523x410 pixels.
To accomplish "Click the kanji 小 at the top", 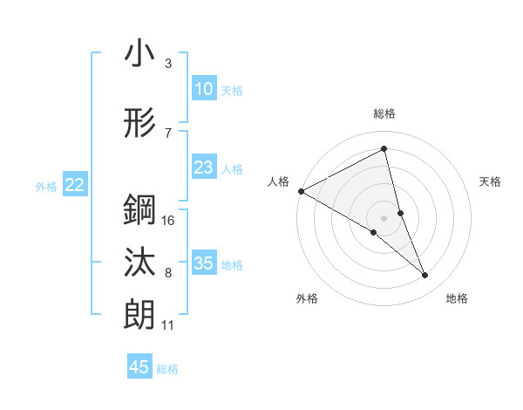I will (139, 54).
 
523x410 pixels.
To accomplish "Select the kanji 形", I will (139, 125).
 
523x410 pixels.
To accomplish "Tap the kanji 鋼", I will (139, 210).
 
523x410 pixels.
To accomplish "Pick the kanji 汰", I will (139, 263).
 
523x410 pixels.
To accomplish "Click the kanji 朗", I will (139, 313).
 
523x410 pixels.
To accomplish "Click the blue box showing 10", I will (203, 89).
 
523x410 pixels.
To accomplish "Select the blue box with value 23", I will (203, 167).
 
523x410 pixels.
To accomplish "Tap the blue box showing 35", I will (203, 263).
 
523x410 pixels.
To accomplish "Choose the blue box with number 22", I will (75, 184).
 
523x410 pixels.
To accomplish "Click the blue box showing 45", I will (139, 367).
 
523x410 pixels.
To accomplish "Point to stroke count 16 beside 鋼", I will (169, 221).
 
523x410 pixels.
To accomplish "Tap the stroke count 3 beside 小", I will (167, 64).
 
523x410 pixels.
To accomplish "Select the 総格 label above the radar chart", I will (384, 113).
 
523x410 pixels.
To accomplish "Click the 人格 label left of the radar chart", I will (279, 181).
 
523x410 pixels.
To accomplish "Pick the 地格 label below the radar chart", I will (457, 299).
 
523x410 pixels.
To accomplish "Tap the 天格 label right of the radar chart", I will (491, 181).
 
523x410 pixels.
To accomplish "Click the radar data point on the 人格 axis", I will (301, 191).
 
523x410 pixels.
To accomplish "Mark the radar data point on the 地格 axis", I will (425, 276).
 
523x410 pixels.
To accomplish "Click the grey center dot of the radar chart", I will (384, 217).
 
